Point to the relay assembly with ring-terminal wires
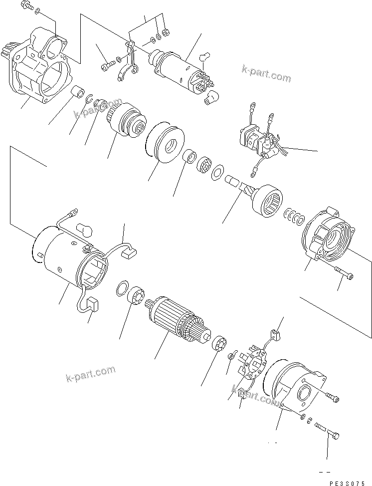pyautogui.click(x=259, y=140)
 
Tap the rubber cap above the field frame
pyautogui.click(x=85, y=230)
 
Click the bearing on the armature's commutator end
pyautogui.click(x=220, y=344)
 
